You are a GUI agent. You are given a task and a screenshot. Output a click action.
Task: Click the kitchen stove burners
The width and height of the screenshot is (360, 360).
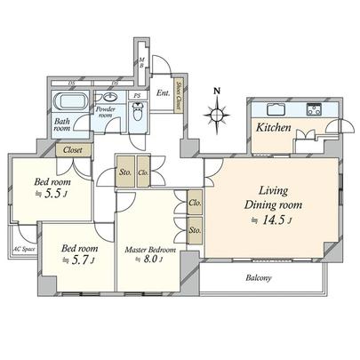(x=315, y=110)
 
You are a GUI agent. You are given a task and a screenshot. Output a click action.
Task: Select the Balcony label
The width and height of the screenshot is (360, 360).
(x=259, y=278)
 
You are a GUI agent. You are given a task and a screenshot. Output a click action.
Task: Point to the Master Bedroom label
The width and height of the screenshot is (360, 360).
(x=149, y=251)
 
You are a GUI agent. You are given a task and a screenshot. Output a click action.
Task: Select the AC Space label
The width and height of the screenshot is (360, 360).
(x=22, y=250)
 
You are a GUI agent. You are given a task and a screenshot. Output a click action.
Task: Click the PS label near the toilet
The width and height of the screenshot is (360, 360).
(x=137, y=95)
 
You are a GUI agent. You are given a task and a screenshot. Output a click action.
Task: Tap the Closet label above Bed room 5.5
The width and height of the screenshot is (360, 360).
(x=73, y=150)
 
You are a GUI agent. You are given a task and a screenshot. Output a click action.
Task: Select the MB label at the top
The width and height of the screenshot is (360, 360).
(x=140, y=63)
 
